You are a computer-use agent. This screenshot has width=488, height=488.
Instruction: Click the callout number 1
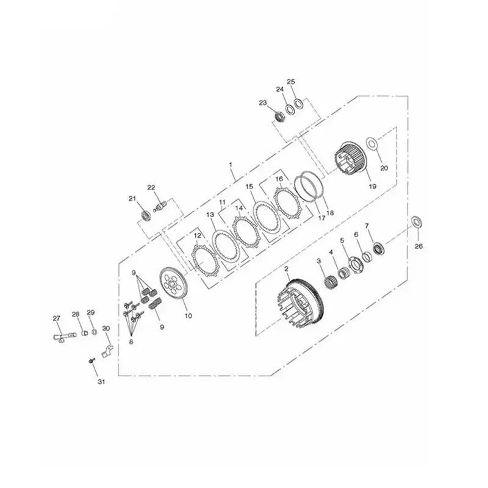[231, 164]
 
